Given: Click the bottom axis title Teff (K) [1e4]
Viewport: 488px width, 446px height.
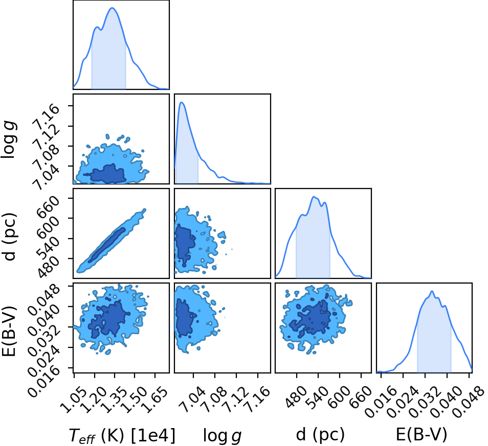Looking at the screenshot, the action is click(x=122, y=435).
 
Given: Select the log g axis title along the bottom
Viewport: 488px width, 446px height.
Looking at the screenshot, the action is click(x=222, y=436).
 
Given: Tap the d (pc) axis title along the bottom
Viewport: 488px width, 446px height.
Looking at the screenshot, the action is click(x=320, y=434).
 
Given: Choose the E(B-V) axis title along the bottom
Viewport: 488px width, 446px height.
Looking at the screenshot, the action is click(x=422, y=434).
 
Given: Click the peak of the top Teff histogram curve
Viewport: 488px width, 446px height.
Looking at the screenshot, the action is click(x=113, y=8).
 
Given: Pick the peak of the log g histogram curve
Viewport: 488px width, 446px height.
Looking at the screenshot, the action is click(x=182, y=102).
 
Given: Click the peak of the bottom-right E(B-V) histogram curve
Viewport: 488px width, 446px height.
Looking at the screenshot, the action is click(x=432, y=291).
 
